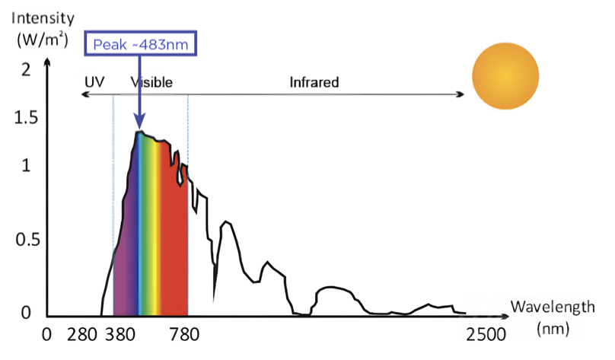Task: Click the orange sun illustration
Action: [505, 75]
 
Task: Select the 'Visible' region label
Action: [151, 81]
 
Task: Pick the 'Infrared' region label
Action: [314, 81]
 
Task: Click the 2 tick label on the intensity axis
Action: [26, 70]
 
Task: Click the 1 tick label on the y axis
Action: [26, 165]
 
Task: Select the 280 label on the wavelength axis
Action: [81, 335]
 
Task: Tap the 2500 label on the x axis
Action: [486, 335]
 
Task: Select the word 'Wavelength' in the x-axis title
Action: [552, 307]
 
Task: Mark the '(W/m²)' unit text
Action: [37, 39]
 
